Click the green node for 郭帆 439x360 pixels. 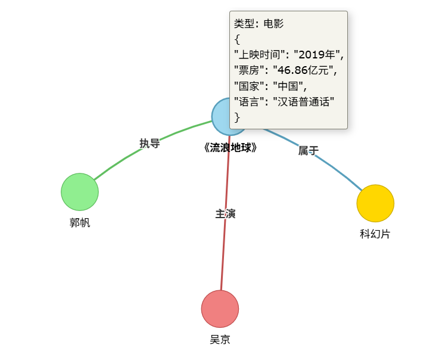click(80, 192)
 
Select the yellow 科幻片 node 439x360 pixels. click(375, 203)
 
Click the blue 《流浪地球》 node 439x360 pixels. click(221, 116)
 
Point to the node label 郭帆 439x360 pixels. click(80, 223)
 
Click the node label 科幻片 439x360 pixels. click(375, 234)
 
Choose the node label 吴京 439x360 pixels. click(220, 340)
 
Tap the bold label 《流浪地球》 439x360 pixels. click(230, 147)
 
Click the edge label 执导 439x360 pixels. click(150, 143)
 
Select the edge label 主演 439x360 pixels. click(225, 213)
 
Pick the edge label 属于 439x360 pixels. click(308, 151)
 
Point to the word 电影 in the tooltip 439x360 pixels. click(274, 24)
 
